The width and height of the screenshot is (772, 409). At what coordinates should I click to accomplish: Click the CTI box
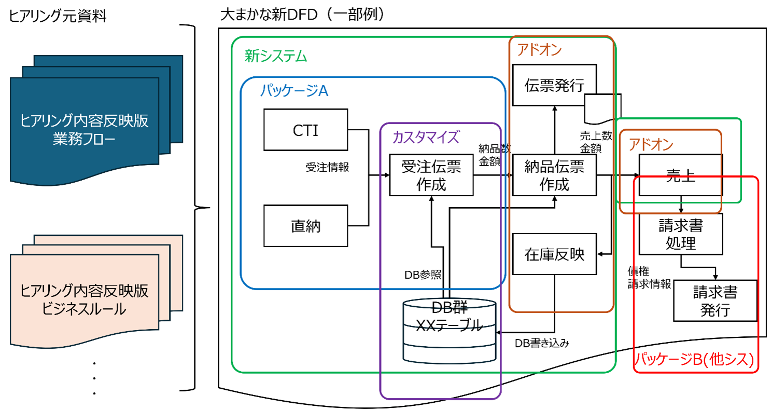pos(305,130)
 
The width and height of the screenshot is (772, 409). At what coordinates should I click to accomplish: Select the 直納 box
pos(305,226)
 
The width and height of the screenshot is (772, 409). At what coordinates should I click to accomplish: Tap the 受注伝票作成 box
pos(431,175)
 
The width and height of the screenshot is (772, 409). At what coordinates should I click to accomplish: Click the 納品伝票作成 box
pos(554,175)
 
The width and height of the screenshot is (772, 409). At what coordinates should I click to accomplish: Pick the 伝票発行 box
pos(554,85)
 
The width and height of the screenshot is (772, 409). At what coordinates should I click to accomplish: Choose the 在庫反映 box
pos(554,254)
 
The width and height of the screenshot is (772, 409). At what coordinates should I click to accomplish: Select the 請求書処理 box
pos(680,235)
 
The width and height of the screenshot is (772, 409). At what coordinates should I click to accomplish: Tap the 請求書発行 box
pos(715,301)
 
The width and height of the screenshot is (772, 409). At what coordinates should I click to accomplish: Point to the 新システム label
pos(276,56)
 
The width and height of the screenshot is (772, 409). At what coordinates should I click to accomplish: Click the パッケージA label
pos(294,91)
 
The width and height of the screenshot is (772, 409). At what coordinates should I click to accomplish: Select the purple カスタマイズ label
pos(426,137)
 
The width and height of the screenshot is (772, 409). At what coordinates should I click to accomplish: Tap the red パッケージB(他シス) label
pos(695,360)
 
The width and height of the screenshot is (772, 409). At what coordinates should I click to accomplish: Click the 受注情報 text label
pos(327,167)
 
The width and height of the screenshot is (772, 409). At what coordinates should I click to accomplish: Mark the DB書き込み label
pos(542,343)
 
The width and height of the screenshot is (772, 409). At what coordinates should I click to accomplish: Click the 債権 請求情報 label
pos(649,278)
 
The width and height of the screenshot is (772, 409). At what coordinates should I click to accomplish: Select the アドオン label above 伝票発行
pos(539,50)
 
